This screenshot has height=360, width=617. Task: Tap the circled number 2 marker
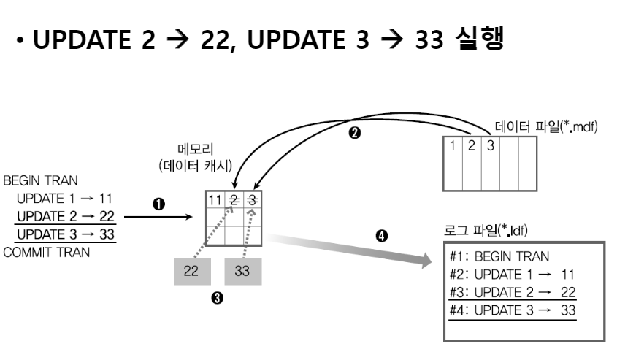click(x=356, y=134)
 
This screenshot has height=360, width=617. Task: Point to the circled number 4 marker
click(x=381, y=237)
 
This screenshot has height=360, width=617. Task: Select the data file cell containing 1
click(x=453, y=145)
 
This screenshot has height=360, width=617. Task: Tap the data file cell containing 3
click(x=491, y=145)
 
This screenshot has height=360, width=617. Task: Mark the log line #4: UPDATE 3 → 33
click(x=513, y=310)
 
